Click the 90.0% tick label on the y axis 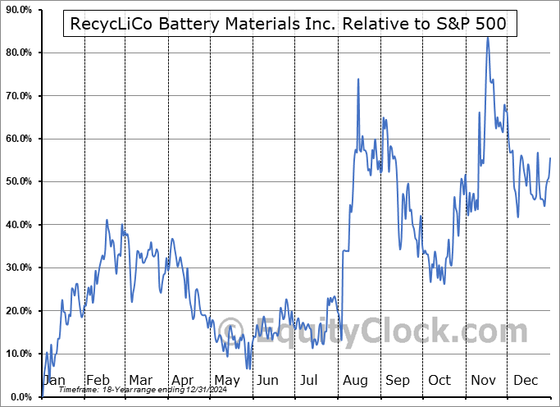coord(18,10)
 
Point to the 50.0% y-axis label coord(18,181)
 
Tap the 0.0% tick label coord(20,396)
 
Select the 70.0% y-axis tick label coord(18,96)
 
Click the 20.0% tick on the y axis coord(18,310)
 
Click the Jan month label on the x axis coord(55,380)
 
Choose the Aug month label coord(356,380)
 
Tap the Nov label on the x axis coord(484,380)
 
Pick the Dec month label coord(526,380)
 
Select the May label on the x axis coord(227,380)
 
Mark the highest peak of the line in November coord(487,38)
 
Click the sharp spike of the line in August coord(358,79)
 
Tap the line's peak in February coord(107,220)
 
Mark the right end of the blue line coord(550,158)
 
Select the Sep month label coord(398,380)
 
